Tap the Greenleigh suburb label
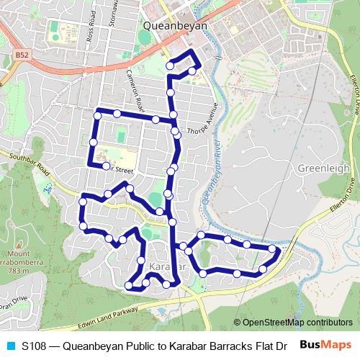click(x=323, y=168)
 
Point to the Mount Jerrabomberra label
click(x=18, y=258)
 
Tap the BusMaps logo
click(x=327, y=344)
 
